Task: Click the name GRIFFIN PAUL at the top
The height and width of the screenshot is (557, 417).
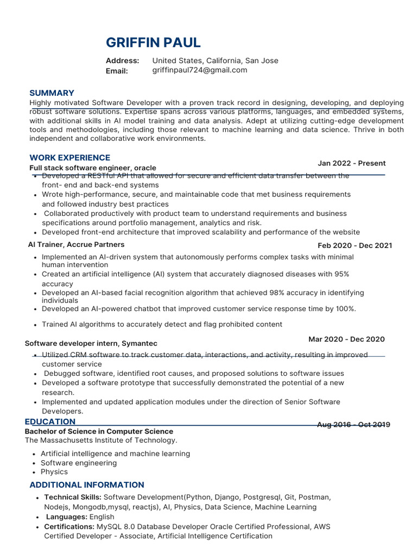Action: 153,42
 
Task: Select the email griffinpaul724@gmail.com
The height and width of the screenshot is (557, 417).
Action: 199,70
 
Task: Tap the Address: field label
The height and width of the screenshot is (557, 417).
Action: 122,60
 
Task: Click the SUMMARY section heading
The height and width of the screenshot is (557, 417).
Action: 52,93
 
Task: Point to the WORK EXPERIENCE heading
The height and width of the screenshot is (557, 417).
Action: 69,158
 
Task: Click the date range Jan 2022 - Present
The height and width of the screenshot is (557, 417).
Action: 351,163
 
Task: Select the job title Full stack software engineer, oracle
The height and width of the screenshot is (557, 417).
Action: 92,168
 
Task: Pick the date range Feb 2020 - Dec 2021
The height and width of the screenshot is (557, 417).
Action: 355,245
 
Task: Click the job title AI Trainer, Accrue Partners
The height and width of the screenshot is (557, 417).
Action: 76,245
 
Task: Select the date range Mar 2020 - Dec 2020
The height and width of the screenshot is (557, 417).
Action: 346,339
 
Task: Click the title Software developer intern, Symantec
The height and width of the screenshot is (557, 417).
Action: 91,343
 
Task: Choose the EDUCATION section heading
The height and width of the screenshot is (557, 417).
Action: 50,422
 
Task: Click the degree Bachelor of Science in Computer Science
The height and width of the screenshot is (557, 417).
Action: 99,431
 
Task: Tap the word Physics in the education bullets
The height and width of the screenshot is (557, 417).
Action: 54,472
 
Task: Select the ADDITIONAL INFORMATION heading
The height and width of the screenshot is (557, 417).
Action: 86,485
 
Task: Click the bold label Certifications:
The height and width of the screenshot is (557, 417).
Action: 69,527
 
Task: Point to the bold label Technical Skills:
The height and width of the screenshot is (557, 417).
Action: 72,497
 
